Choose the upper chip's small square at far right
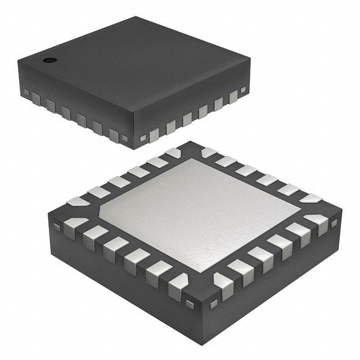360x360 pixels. coord(243,89)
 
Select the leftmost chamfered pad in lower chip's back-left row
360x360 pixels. coord(75,200)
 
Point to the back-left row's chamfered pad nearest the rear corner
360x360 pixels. coord(172,152)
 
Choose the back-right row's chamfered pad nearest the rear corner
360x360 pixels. coord(209,152)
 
